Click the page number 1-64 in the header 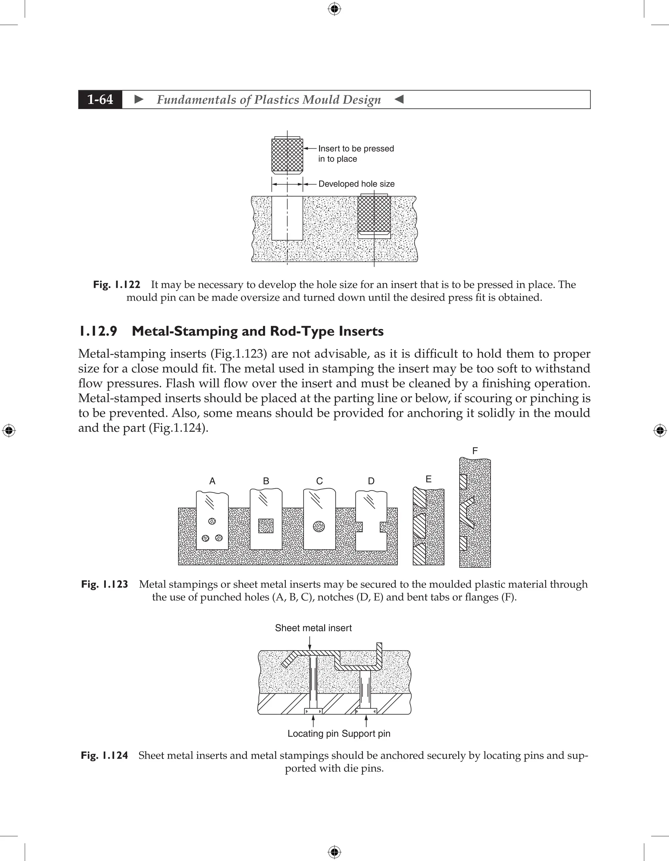(x=100, y=99)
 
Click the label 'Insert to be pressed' (x=356, y=149)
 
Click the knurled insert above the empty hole (x=287, y=154)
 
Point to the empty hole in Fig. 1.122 (x=287, y=218)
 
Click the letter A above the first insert (x=212, y=481)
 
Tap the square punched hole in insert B (x=266, y=526)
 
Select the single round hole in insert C (x=318, y=526)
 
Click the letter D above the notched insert (x=371, y=481)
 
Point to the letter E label (x=429, y=479)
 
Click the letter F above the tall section (x=475, y=451)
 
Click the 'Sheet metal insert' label (x=313, y=628)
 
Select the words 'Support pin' (x=366, y=734)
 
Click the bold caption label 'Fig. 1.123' (x=105, y=584)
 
